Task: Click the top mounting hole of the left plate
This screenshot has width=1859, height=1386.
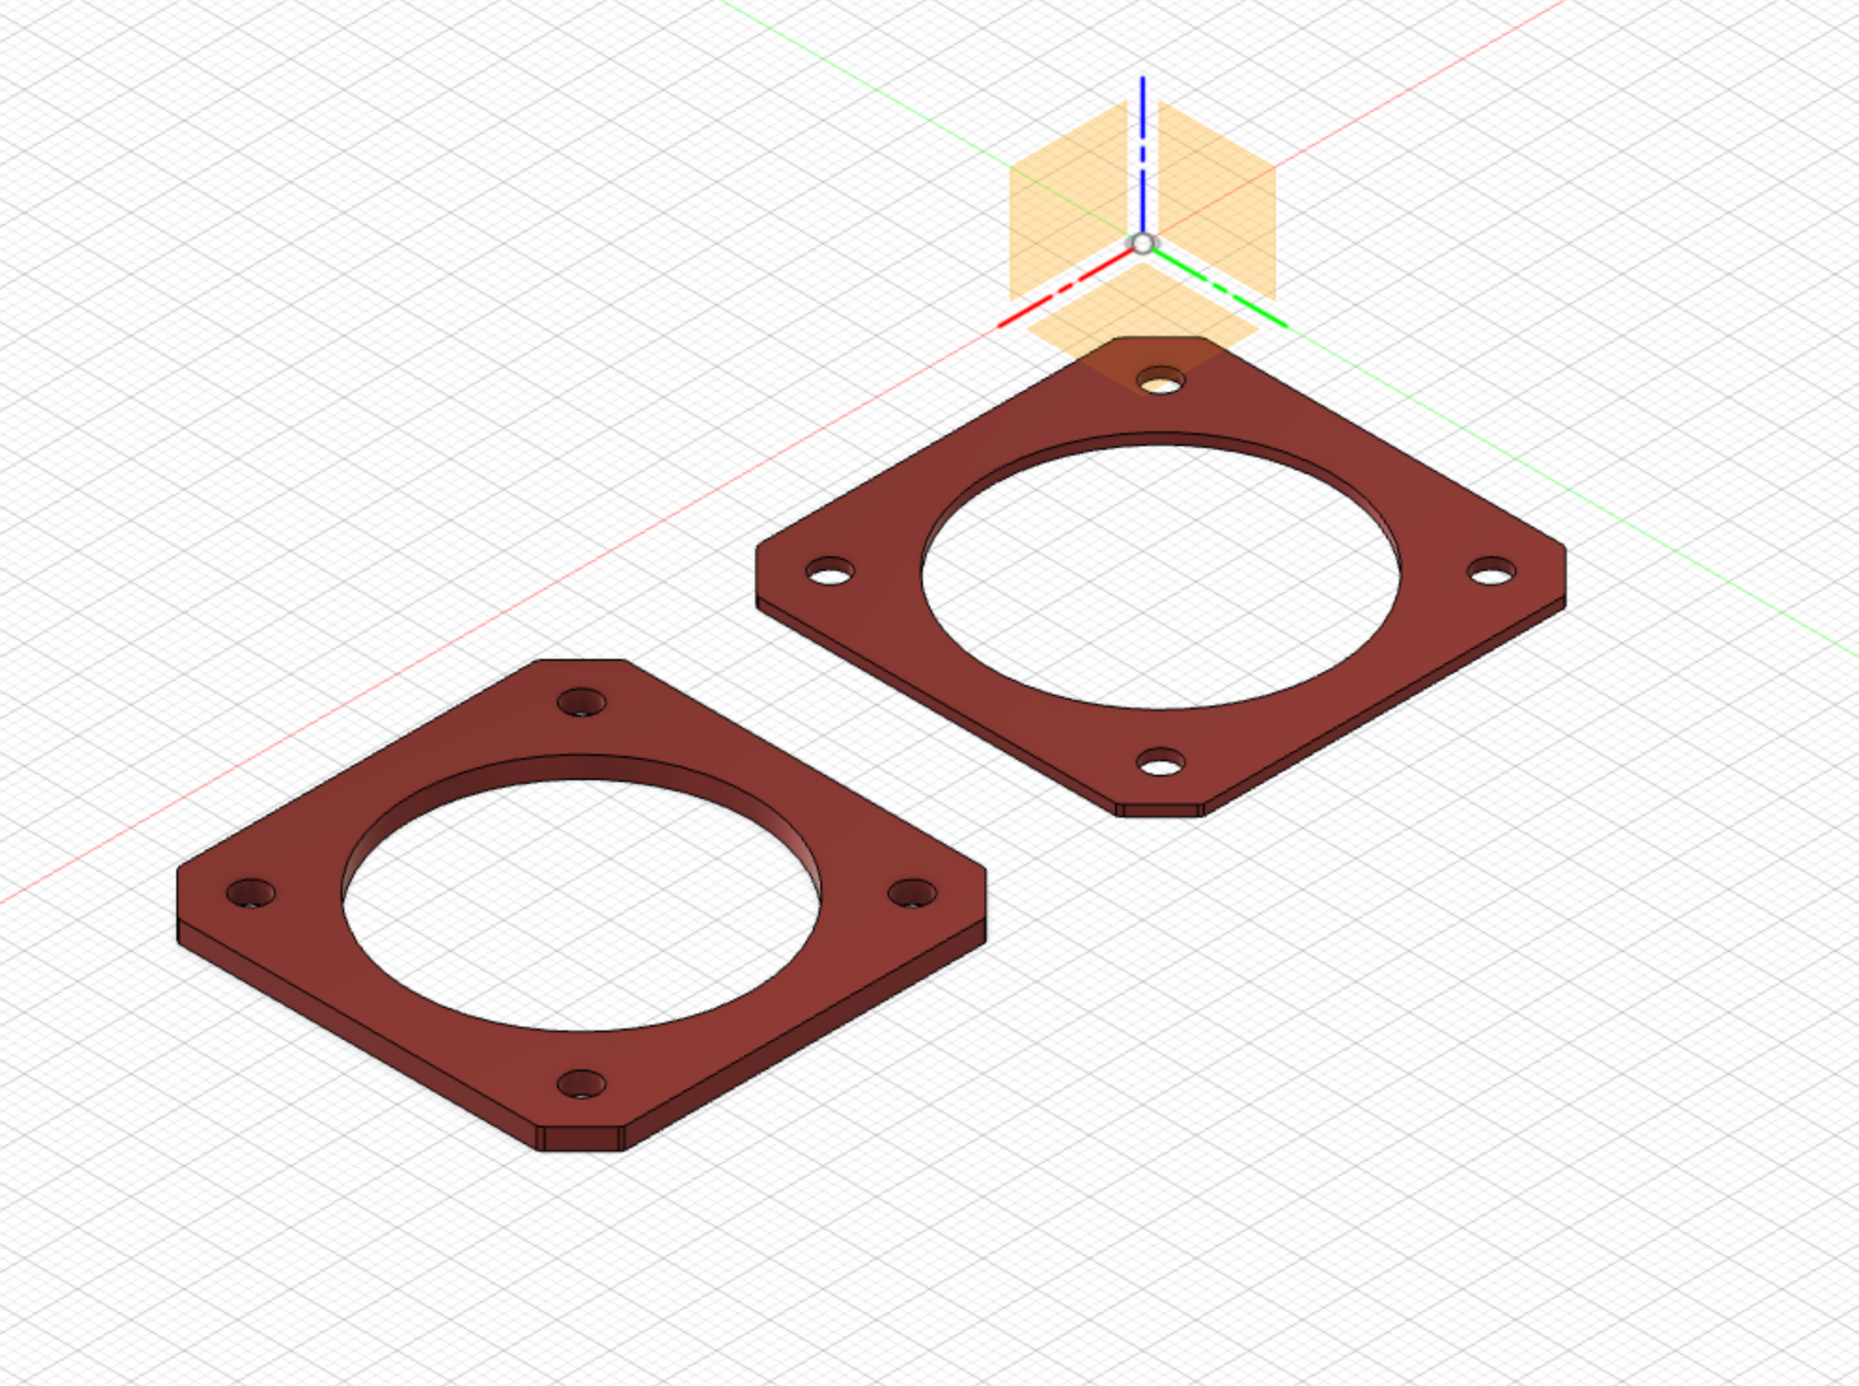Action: point(581,702)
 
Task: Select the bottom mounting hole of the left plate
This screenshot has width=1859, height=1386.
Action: point(581,1085)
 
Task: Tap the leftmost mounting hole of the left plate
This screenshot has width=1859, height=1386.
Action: point(251,893)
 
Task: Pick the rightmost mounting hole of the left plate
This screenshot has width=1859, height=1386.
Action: point(912,893)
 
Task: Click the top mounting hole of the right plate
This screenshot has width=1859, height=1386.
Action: point(1161,381)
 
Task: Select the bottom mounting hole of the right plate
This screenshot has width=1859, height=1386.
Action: point(1161,763)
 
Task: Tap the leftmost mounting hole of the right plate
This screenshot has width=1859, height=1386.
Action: point(830,571)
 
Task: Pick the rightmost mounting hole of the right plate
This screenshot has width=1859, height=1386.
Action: point(1491,571)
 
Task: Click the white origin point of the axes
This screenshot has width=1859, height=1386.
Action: point(1143,245)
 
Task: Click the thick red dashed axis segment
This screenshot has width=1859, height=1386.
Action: point(1064,287)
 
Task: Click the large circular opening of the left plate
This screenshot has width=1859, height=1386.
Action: point(581,905)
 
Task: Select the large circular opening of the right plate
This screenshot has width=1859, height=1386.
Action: point(1161,579)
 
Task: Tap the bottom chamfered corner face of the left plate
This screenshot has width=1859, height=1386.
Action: point(581,1139)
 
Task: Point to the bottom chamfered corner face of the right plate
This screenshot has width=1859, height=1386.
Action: point(1161,810)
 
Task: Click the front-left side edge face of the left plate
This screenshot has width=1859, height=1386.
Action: point(355,1036)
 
